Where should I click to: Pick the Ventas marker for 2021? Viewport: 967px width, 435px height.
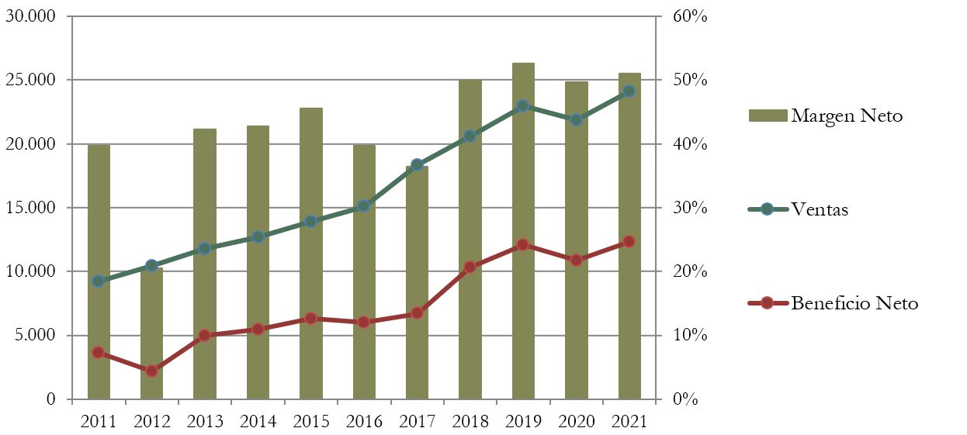pos(629,91)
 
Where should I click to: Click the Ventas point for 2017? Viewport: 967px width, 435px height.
pos(417,164)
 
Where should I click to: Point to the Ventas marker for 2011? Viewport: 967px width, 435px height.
pos(99,281)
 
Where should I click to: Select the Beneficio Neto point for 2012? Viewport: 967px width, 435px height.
pos(151,371)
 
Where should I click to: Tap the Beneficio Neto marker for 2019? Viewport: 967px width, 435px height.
pos(523,244)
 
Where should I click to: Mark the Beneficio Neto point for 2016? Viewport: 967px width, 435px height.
pos(364,322)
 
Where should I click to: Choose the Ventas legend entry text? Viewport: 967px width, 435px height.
pos(820,209)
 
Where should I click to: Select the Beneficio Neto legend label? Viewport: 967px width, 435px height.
pos(854,303)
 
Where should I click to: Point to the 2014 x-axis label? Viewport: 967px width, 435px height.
pos(258,421)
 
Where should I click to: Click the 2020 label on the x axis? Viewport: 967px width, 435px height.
pos(576,421)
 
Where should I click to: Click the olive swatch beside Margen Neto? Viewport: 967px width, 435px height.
pos(768,116)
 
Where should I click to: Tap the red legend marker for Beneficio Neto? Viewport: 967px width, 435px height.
pos(768,302)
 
